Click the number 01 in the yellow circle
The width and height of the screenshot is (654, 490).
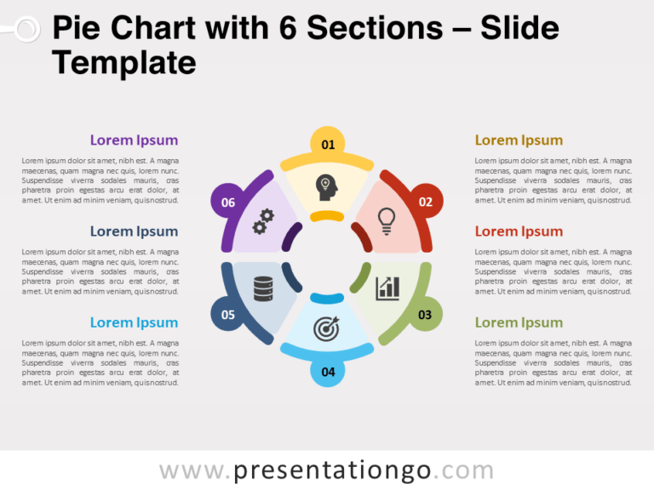(x=328, y=145)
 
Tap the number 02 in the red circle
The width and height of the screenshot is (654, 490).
(x=425, y=202)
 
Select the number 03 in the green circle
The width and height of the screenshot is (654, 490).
(x=424, y=315)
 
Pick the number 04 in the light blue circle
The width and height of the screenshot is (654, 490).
(x=328, y=372)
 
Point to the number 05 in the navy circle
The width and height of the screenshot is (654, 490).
(x=228, y=315)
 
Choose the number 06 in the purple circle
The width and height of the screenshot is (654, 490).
(x=228, y=202)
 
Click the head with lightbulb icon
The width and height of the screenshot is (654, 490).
(x=327, y=186)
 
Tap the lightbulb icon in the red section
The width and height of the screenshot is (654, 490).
(x=387, y=221)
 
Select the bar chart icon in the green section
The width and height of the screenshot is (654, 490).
(x=388, y=288)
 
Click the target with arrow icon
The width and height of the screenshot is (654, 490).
(x=327, y=328)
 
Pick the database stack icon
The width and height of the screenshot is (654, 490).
(x=263, y=289)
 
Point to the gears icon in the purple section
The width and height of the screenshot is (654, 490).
(x=263, y=221)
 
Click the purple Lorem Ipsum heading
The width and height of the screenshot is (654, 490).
(x=134, y=140)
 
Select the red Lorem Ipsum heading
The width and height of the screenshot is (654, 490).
(x=519, y=231)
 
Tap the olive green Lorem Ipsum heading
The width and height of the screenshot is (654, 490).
(x=519, y=322)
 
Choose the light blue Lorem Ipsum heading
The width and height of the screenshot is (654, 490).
(x=134, y=322)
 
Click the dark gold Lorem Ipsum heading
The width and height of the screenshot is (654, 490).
(x=519, y=140)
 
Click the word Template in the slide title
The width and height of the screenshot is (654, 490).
(x=124, y=62)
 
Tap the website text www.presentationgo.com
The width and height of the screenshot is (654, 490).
(x=327, y=470)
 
